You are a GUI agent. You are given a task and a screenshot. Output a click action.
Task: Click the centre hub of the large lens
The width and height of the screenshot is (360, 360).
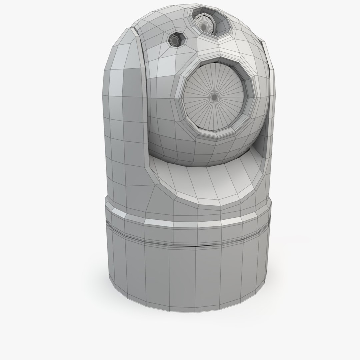[x=214, y=97]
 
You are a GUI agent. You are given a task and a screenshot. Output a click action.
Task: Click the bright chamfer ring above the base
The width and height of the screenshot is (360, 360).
[x=187, y=224]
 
